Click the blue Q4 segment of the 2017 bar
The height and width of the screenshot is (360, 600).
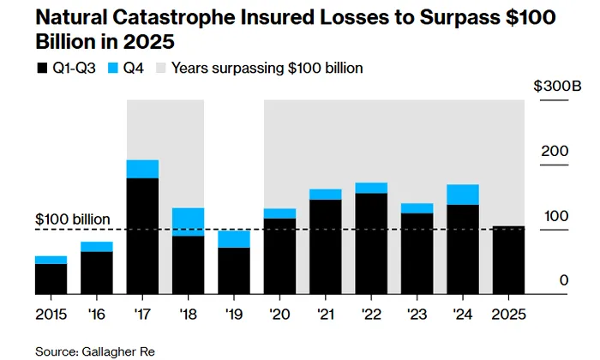tap(142, 169)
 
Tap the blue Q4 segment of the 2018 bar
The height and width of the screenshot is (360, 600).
tap(188, 222)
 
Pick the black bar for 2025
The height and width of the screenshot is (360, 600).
tap(508, 260)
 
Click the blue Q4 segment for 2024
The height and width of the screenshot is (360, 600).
tap(463, 195)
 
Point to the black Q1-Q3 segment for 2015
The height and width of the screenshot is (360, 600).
tap(51, 279)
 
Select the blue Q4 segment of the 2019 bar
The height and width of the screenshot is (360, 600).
tap(234, 239)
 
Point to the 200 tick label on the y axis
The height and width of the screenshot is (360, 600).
tap(554, 153)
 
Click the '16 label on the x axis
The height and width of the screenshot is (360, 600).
tap(96, 315)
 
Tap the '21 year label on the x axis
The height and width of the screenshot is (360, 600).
tap(326, 315)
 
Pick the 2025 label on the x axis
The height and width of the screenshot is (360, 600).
tap(508, 315)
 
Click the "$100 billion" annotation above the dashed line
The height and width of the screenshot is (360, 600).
tap(73, 219)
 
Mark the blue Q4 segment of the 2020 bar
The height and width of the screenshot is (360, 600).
tap(279, 213)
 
